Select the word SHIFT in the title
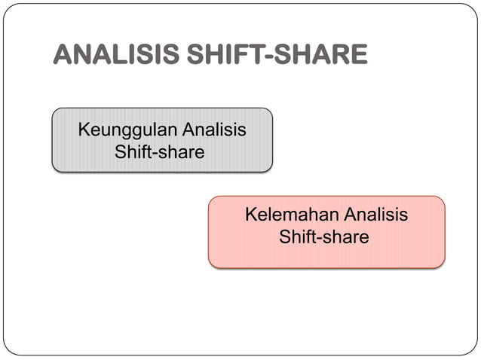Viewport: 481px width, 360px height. pos(216,55)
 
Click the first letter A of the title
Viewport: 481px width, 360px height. pos(62,55)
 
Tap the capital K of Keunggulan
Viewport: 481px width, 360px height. pos(84,130)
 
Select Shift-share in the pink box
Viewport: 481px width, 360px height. pos(324,237)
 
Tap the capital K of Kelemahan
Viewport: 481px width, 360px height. pos(251,215)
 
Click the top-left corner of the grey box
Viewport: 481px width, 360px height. pos(54,110)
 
